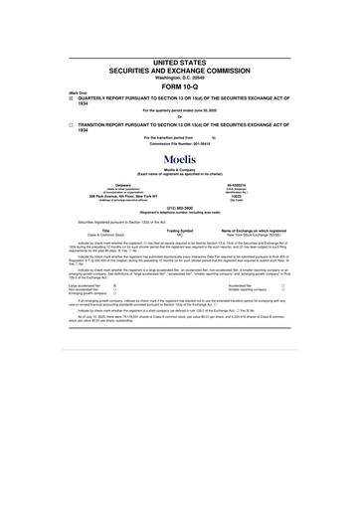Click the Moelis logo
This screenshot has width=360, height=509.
[180, 158]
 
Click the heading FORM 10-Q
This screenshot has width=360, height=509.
[180, 85]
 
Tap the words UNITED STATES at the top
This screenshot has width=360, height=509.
[180, 62]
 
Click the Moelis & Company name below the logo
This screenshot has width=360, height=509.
[180, 171]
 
